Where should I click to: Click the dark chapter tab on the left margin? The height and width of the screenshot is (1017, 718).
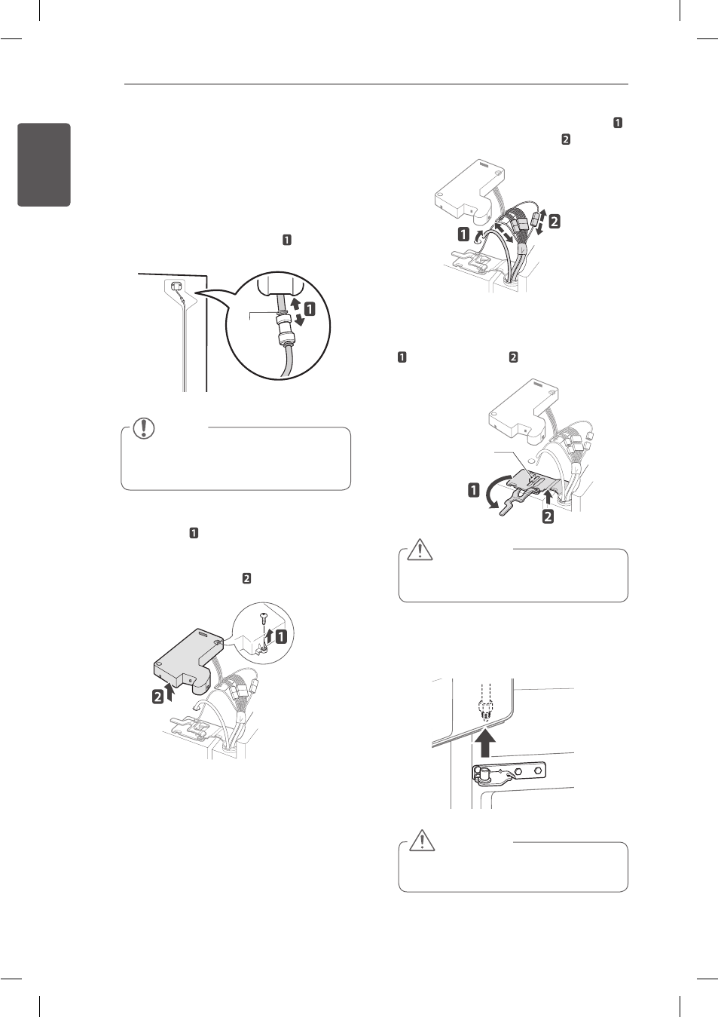click(44, 164)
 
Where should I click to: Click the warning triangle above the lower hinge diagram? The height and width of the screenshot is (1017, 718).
click(420, 551)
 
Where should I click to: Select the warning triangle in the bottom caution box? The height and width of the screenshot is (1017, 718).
click(422, 840)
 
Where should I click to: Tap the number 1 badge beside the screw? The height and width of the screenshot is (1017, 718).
click(281, 636)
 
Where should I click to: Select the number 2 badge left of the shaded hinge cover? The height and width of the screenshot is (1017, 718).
click(158, 697)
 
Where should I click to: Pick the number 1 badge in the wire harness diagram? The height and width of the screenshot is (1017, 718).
click(463, 234)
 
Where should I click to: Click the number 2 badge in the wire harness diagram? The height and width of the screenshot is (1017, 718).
click(554, 222)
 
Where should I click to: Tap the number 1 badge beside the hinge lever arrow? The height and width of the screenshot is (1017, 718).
click(474, 490)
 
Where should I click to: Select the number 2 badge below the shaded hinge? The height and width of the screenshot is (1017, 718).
click(548, 516)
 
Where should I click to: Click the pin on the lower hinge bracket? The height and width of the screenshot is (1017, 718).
click(486, 772)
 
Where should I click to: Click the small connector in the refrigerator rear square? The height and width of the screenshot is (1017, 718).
click(176, 286)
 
